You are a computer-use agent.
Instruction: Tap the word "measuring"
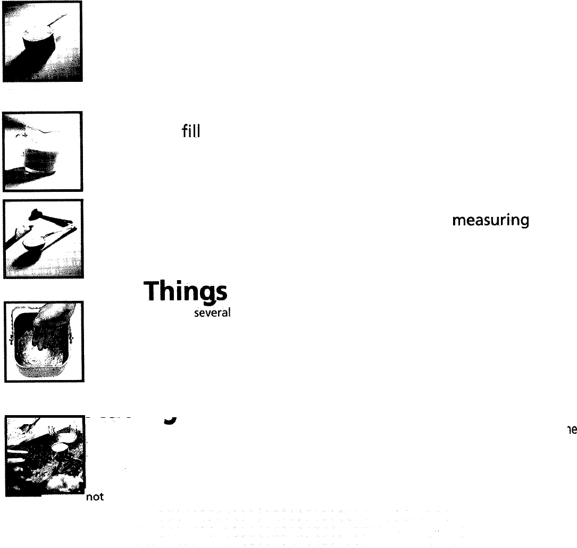click(x=490, y=221)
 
